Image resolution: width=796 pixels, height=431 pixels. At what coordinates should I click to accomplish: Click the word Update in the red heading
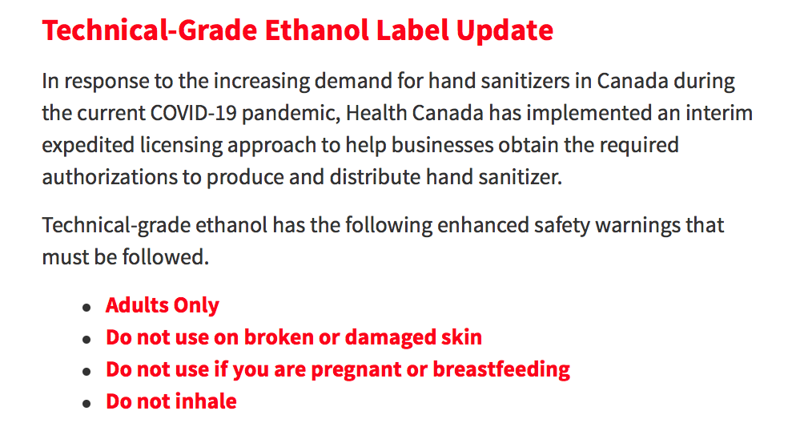[x=505, y=31]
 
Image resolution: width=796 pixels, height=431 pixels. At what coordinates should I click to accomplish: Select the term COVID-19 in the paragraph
[x=194, y=113]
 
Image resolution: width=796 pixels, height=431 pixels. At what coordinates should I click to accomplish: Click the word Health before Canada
[x=376, y=113]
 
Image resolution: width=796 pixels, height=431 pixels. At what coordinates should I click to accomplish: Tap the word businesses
[x=442, y=145]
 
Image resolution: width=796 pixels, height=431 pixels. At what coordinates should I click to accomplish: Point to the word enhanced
[x=483, y=225]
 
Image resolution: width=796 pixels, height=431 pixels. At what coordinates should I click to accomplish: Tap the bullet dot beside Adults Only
[x=86, y=308]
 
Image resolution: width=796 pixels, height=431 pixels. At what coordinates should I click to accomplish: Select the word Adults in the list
[x=137, y=305]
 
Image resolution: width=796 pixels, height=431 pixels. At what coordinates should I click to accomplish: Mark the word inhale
[x=207, y=401]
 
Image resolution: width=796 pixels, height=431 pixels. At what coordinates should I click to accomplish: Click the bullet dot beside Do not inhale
[x=86, y=404]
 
